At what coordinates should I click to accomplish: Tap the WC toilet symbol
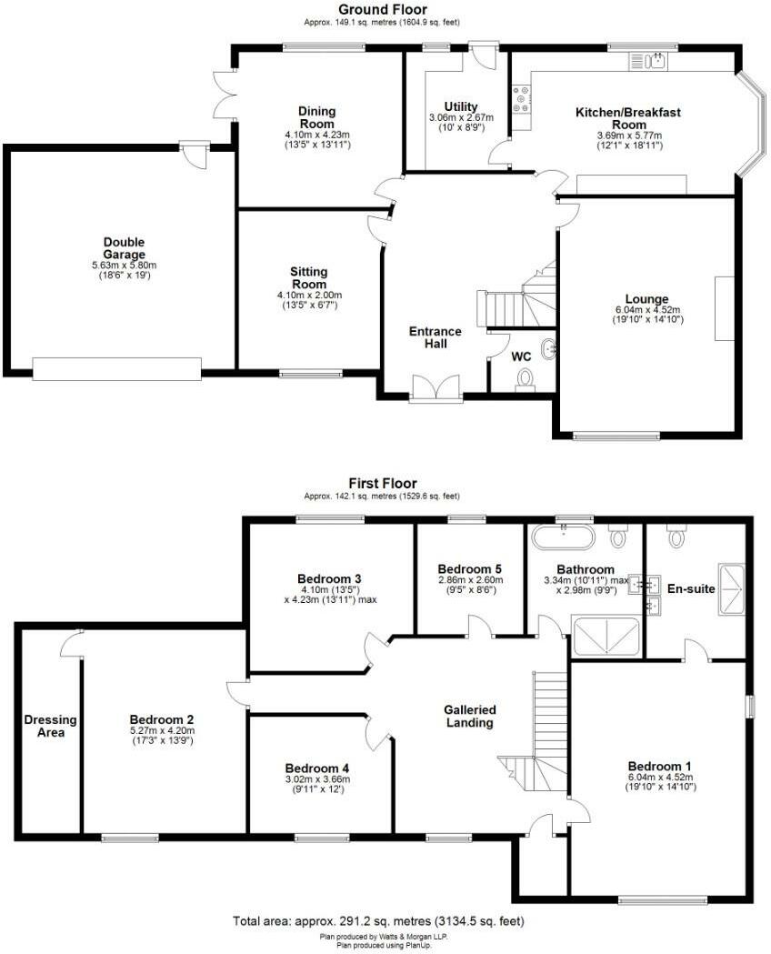pos(524,377)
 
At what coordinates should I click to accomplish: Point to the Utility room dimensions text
pos(461,123)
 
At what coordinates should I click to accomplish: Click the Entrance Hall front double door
pos(436,388)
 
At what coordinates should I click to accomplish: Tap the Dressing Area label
pos(51,726)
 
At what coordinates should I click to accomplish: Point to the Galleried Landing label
pos(468,716)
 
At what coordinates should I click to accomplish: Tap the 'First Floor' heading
pos(383,483)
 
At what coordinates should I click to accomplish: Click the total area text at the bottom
pos(378,921)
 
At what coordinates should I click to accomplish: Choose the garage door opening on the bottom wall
pos(116,368)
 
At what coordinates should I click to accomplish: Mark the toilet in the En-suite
pos(675,537)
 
